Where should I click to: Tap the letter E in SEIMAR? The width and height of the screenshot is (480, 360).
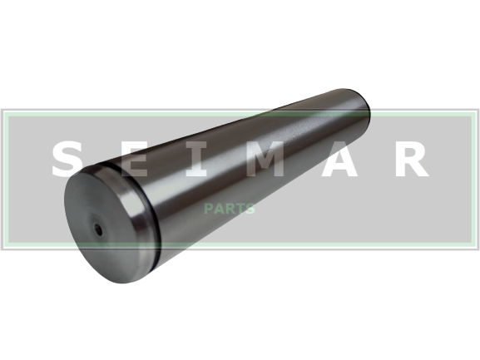point(135,159)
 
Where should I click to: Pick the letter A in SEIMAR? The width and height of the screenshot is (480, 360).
point(339,159)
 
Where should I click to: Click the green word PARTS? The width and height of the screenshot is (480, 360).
point(230,209)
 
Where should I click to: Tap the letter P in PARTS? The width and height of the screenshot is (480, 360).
point(209,209)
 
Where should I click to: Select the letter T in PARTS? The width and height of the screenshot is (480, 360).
point(240,209)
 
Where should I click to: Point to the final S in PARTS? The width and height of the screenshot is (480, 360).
point(250,209)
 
